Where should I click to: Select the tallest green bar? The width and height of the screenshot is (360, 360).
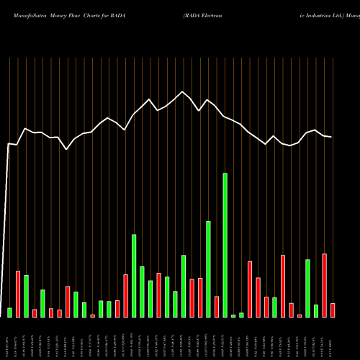[x=225, y=245]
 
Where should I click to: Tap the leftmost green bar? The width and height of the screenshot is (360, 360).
[x=9, y=312]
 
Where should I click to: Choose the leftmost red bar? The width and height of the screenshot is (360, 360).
[x=18, y=294]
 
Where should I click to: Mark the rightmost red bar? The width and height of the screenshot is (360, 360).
[x=333, y=310]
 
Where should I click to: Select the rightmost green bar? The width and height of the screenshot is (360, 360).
[x=316, y=311]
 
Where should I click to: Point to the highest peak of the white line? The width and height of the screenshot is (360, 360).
[x=183, y=91]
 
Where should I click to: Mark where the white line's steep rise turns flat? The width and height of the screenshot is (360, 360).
[x=9, y=144]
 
